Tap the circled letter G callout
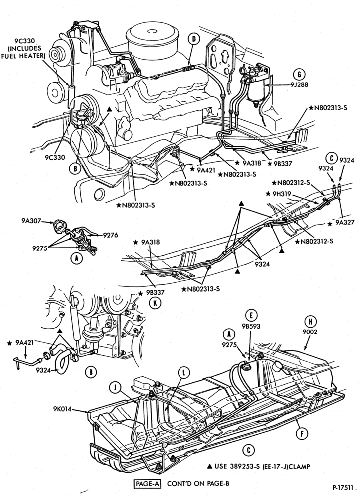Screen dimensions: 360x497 [299, 75]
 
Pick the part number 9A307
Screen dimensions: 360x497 [31, 221]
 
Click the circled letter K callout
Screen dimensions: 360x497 [155, 303]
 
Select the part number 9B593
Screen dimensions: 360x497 [251, 326]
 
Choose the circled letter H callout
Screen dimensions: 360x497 [310, 322]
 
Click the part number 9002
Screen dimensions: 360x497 [310, 332]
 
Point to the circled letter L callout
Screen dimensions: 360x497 [184, 373]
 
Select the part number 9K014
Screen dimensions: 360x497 [63, 408]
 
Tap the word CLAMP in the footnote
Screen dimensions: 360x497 [299, 466]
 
